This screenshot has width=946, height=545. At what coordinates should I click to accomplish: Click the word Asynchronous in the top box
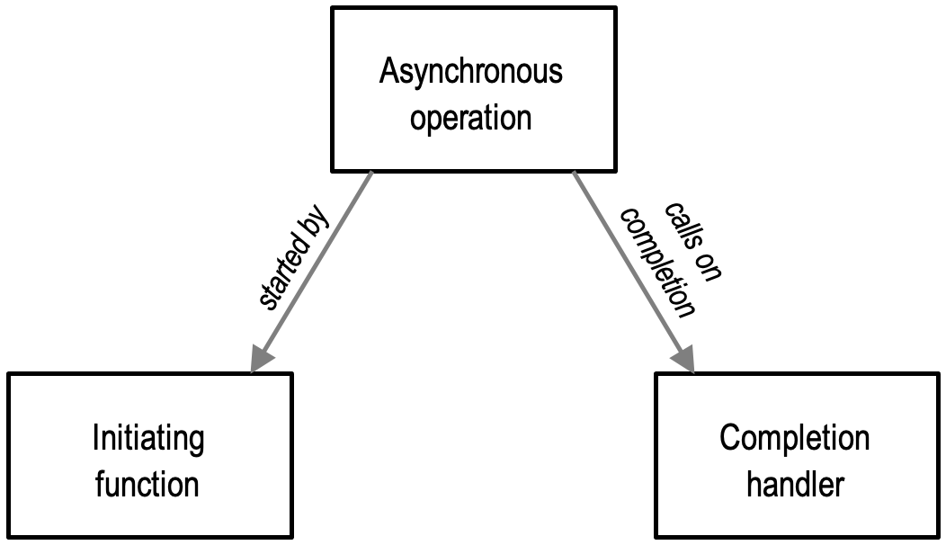470,72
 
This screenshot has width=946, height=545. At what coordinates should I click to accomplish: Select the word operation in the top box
470,118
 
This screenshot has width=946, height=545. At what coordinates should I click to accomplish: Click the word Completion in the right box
794,439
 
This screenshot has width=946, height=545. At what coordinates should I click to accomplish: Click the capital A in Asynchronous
388,72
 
